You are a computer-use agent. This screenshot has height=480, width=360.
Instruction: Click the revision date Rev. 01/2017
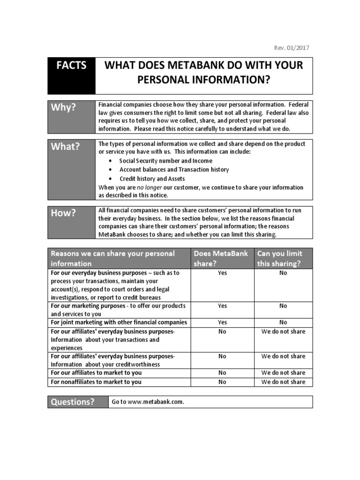(291, 48)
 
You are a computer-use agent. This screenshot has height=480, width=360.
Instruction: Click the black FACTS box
(71, 75)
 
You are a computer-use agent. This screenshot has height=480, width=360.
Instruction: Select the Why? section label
(63, 107)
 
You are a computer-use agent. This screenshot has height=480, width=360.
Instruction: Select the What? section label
(65, 146)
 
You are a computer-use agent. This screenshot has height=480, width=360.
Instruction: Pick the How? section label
(63, 213)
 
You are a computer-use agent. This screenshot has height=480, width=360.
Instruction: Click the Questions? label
(73, 402)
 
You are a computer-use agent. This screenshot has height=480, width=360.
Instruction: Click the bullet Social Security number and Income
(165, 161)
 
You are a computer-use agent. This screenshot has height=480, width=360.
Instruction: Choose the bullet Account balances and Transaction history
(174, 170)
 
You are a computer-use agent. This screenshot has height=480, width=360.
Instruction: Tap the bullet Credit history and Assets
(152, 179)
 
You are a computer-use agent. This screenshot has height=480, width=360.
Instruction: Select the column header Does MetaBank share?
(222, 258)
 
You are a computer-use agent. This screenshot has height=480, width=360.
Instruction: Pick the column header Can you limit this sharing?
(283, 258)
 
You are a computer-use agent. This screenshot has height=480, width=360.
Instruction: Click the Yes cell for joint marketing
(222, 322)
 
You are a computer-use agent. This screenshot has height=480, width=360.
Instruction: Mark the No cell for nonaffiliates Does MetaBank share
(222, 382)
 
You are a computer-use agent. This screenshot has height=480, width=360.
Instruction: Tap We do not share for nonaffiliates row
(283, 382)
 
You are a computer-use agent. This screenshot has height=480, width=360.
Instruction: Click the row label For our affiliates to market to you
(96, 373)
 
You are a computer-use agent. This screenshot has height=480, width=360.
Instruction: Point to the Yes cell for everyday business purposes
(222, 273)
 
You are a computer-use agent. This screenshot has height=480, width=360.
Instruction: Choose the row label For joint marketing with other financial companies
(119, 322)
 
